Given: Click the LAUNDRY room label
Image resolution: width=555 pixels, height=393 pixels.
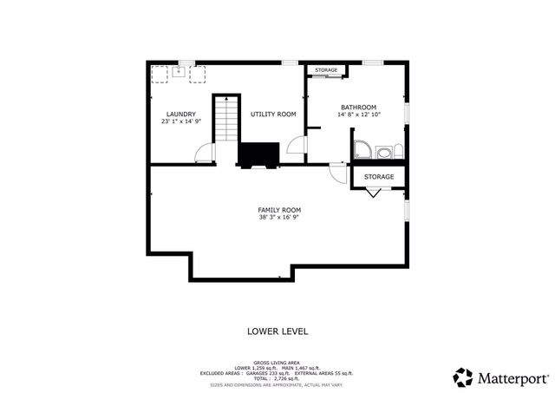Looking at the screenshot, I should click(x=180, y=115).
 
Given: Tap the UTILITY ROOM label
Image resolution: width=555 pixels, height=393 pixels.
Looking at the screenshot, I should click(x=273, y=115).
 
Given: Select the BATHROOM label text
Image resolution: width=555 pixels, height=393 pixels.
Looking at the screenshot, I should click(x=358, y=107).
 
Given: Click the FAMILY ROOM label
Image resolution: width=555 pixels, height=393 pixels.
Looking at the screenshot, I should click(x=279, y=210).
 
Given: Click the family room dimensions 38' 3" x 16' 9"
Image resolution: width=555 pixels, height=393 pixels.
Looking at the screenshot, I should click(x=279, y=218).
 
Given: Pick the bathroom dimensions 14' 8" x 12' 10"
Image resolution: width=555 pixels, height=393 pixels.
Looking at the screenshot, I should click(x=358, y=115).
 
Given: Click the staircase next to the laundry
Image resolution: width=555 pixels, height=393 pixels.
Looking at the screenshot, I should click(x=225, y=119).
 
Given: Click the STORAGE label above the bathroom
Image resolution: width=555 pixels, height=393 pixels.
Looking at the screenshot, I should click(x=326, y=69).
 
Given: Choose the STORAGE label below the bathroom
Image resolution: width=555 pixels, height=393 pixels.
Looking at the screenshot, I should click(x=379, y=177).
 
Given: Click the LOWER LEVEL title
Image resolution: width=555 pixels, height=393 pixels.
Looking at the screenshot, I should click(x=277, y=331).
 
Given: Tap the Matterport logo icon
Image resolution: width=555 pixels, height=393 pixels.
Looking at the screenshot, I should click(x=463, y=377).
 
